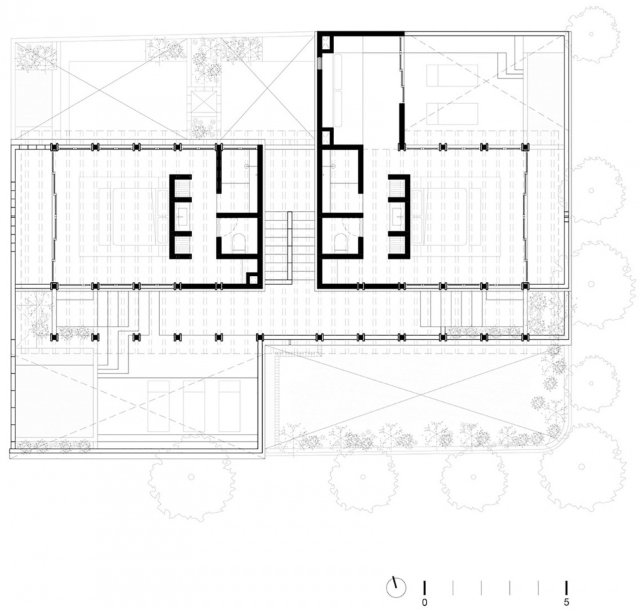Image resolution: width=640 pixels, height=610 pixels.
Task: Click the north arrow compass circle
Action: [x=396, y=588]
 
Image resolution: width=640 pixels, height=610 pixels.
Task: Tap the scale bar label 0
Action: [x=425, y=602]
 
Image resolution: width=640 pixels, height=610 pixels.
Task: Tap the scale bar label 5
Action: [x=566, y=602]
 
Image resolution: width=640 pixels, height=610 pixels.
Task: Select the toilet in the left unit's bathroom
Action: [x=238, y=243]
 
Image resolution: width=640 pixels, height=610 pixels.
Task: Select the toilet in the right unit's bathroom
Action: [x=341, y=243]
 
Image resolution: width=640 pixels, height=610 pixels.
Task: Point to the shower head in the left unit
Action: [x=247, y=166]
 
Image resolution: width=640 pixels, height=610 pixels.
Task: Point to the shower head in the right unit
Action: [x=333, y=166]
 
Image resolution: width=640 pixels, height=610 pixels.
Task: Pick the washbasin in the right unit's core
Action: [x=396, y=215]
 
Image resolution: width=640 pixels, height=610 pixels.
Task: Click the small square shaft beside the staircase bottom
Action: [x=253, y=280]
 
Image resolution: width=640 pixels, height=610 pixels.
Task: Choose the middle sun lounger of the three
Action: [x=193, y=406]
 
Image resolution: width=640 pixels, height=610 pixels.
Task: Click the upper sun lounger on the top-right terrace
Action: [x=452, y=75]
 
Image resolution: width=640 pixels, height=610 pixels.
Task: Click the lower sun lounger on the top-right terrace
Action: [x=452, y=113]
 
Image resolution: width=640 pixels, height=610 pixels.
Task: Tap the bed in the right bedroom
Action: [x=445, y=216]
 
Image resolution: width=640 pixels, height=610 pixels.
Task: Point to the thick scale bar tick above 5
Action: [x=566, y=587]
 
